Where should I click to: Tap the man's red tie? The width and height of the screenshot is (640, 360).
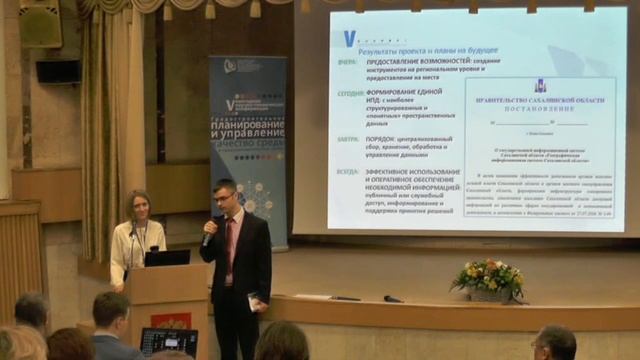tap(229, 244)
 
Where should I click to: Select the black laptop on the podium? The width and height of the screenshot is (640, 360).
tap(167, 258)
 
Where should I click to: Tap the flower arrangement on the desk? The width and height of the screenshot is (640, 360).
tap(487, 276)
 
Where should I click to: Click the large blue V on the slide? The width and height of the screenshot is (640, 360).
tap(349, 38)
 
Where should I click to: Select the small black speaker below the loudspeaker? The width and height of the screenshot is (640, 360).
tap(58, 71)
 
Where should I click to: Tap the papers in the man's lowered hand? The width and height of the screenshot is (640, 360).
tap(254, 300)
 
